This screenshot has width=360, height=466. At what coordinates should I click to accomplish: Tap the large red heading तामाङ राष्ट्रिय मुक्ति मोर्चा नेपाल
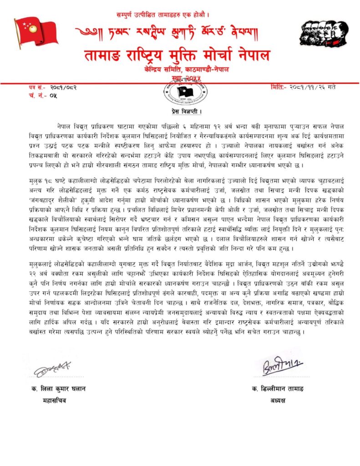tap(177, 56)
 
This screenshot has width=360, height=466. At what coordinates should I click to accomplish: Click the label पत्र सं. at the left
tap(36, 87)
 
